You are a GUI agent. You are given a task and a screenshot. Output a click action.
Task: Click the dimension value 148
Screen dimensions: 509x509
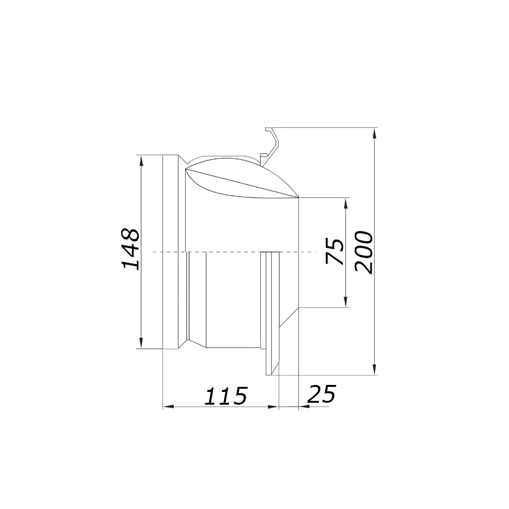point(131,249)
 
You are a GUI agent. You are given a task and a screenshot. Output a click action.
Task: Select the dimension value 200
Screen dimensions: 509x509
point(363,252)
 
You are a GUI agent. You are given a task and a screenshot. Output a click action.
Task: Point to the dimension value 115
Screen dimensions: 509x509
point(226,395)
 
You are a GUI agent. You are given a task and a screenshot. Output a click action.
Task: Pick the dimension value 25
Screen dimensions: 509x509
point(321,394)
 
